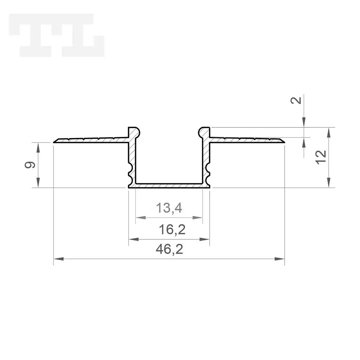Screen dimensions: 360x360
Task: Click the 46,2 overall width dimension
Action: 169,249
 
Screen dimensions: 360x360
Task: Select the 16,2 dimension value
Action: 172,230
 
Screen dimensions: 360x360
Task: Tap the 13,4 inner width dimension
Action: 169,208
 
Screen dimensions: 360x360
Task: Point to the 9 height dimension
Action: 30,165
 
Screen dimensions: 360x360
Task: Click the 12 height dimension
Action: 321,157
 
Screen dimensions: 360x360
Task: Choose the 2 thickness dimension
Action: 296,100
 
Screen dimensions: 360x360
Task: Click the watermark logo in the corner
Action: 56,35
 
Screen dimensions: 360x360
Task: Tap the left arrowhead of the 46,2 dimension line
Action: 59,259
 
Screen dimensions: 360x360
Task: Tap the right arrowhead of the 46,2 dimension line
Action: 280,259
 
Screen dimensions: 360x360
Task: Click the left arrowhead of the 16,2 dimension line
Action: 134,239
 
